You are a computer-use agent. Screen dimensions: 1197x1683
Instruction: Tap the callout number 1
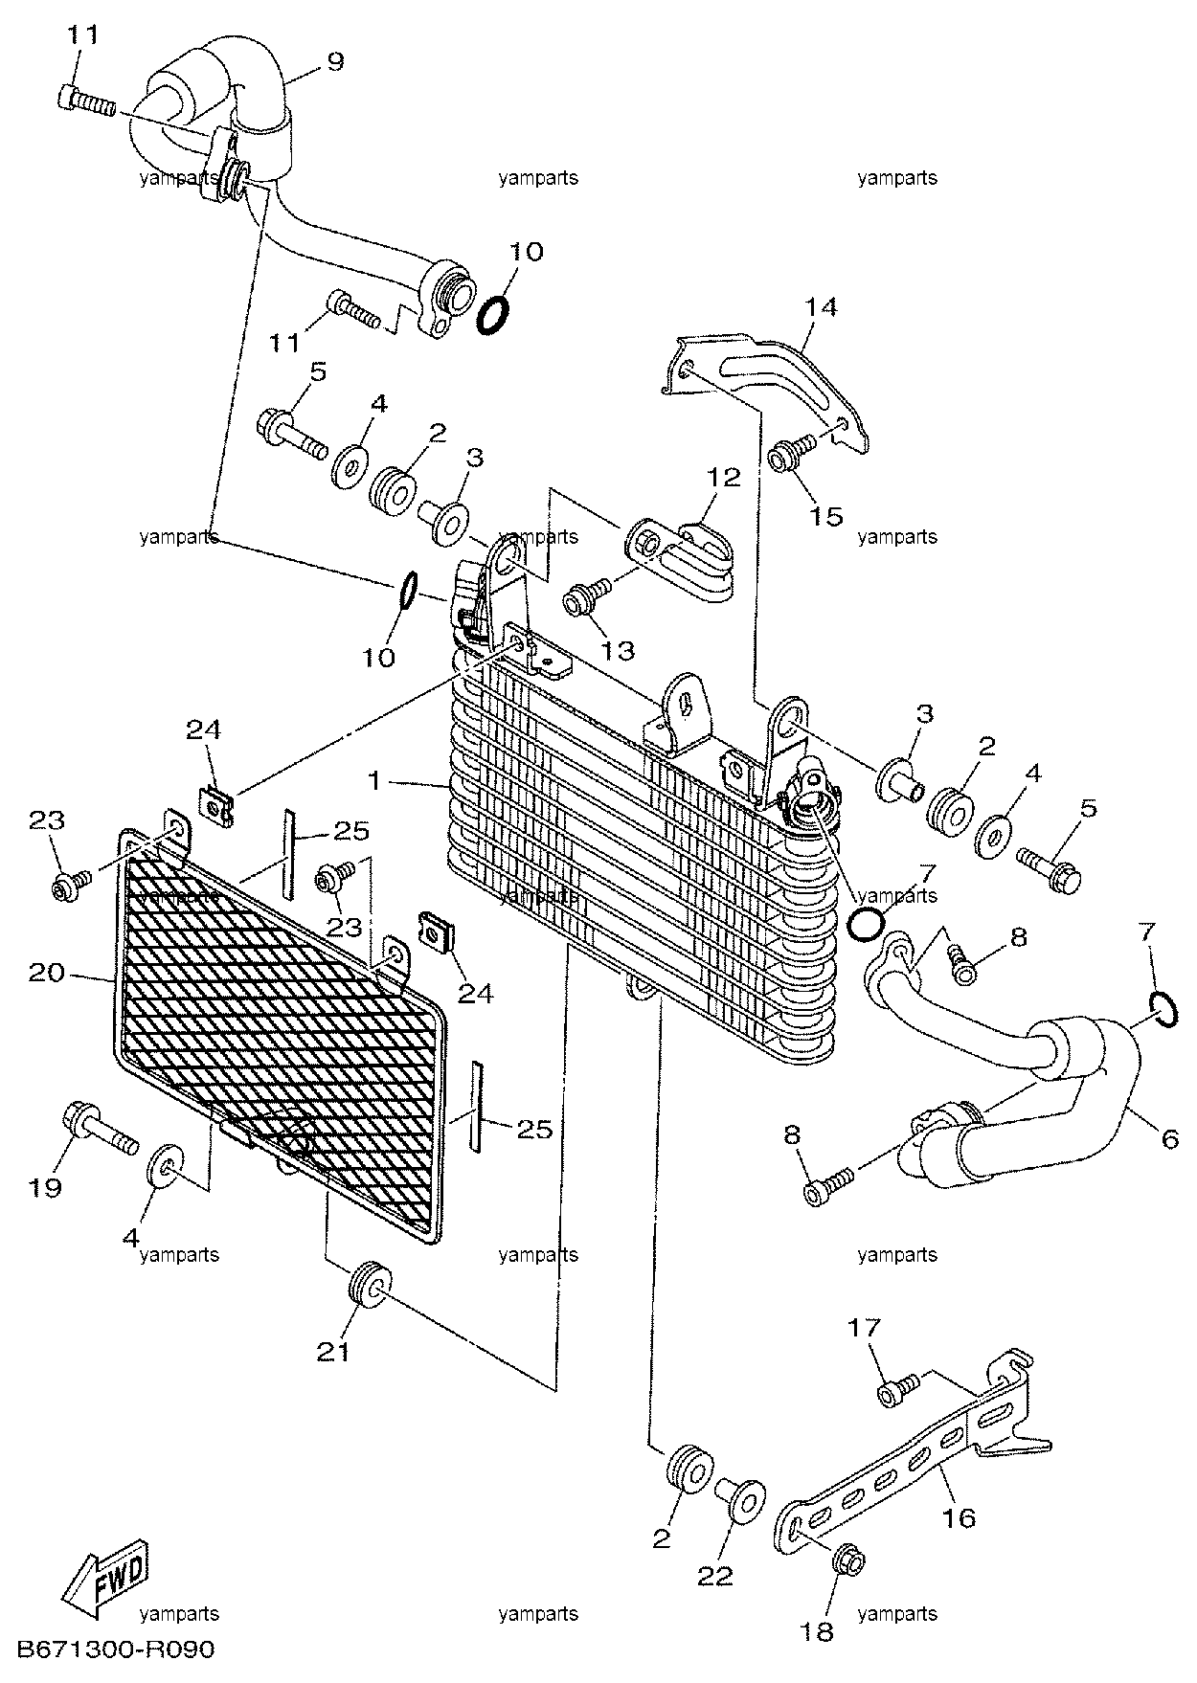tap(376, 782)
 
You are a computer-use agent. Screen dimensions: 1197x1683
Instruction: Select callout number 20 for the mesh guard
tap(47, 974)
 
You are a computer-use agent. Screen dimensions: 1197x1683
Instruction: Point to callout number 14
tap(821, 307)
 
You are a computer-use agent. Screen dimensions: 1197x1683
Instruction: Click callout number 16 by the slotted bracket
tap(960, 1517)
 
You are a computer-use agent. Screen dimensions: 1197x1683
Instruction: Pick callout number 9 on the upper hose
tap(334, 62)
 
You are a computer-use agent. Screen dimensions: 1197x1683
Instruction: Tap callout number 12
tap(725, 477)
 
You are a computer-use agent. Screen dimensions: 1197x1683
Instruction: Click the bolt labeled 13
tap(587, 596)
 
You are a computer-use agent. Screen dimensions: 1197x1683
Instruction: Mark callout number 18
tap(820, 1631)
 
